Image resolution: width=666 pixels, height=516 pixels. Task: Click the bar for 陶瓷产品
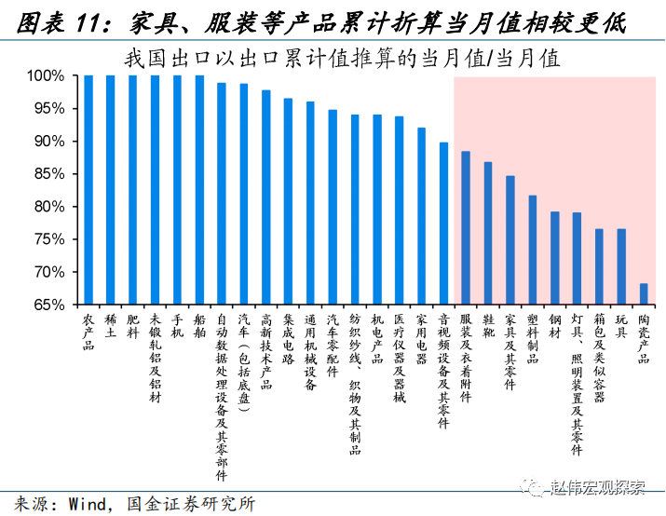click(644, 294)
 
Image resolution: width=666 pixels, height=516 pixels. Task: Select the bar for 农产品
click(88, 190)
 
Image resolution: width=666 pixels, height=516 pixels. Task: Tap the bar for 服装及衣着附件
click(466, 228)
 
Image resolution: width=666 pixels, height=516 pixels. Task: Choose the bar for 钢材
click(555, 258)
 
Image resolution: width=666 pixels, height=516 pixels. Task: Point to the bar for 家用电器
click(421, 216)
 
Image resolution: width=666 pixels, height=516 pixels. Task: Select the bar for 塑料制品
click(533, 250)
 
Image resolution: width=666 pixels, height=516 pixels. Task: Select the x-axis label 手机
click(177, 326)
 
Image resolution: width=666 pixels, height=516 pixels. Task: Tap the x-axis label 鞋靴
click(488, 326)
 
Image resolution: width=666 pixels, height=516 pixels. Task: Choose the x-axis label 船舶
click(199, 326)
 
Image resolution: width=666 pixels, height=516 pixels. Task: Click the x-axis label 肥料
click(133, 326)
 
